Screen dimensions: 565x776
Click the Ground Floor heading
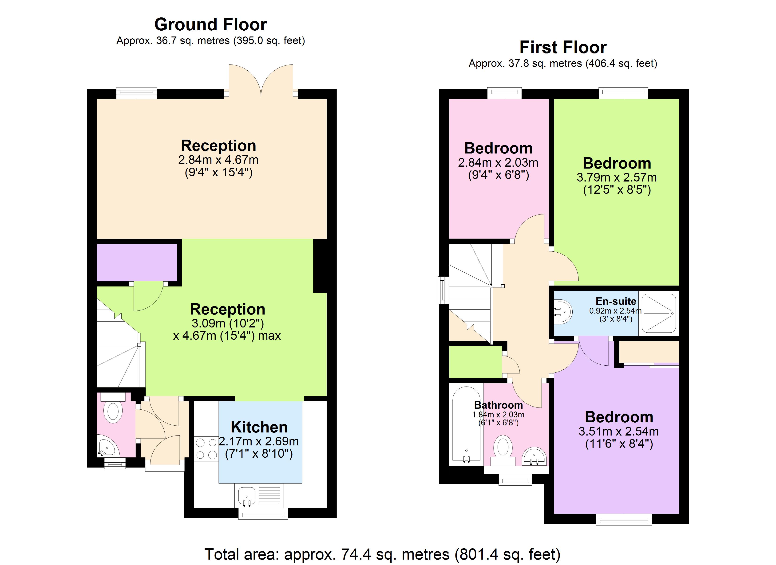click(210, 25)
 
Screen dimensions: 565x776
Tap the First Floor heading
click(563, 47)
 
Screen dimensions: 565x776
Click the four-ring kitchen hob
click(206, 449)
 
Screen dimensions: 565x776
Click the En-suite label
click(616, 301)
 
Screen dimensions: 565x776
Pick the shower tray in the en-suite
click(659, 313)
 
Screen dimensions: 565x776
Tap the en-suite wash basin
click(563, 312)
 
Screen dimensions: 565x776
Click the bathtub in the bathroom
click(466, 425)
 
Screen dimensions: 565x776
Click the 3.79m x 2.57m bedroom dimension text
click(617, 178)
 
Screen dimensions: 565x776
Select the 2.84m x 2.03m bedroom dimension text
click(498, 162)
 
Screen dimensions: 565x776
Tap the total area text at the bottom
click(382, 554)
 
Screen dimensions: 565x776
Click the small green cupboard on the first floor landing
click(475, 362)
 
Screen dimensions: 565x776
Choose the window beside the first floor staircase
click(443, 290)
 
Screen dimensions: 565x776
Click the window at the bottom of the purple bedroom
click(624, 519)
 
